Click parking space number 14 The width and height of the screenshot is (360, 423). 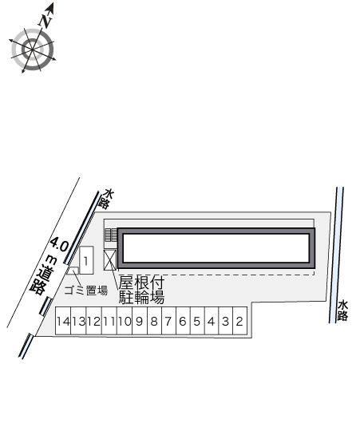tap(63, 321)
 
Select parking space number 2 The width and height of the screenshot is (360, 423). tap(239, 321)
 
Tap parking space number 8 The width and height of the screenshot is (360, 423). tap(154, 321)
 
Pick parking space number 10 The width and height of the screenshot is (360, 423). tap(125, 321)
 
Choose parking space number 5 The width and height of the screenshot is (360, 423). tap(197, 321)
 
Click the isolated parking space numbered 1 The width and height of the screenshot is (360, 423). tap(86, 260)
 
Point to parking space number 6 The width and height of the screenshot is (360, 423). tap(183, 321)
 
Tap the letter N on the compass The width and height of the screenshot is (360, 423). tap(45, 21)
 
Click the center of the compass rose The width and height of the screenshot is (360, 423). tap(33, 49)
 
